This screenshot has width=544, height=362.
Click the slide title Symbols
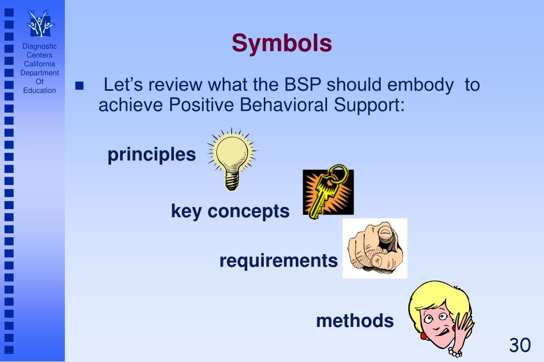pos(281,44)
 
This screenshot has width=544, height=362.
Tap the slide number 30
pos(520,345)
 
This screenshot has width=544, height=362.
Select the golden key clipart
pos(328,192)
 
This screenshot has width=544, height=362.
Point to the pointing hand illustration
pos(374,248)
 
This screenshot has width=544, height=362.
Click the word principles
pos(152,155)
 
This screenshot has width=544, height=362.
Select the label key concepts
pos(230,211)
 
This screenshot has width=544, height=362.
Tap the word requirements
pos(278,261)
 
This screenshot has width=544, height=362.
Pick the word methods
pos(355,321)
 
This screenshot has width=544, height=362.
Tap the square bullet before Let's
pos(80,86)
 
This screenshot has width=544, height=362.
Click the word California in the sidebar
pos(39,64)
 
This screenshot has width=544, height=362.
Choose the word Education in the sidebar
pos(39,91)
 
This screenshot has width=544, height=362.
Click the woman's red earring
pos(423,335)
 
